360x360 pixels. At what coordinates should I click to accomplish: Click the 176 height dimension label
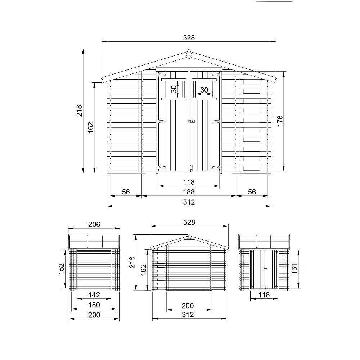(280, 121)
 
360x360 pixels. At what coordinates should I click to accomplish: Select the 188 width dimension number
(189, 192)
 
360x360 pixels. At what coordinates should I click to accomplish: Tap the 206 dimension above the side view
(94, 224)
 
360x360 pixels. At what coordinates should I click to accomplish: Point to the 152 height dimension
(62, 268)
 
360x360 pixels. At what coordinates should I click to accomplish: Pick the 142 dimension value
(94, 295)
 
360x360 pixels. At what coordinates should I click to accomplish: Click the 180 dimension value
(94, 305)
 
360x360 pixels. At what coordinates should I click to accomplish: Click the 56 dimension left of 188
(126, 192)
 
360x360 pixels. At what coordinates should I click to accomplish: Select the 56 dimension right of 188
(252, 192)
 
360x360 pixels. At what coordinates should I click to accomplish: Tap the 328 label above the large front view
(189, 37)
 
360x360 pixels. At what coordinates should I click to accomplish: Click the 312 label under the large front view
(189, 202)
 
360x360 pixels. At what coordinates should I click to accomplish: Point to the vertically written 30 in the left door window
(174, 89)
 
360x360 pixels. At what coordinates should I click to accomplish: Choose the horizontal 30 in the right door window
(204, 90)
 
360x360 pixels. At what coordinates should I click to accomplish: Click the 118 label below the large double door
(189, 182)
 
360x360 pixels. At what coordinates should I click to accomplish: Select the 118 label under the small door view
(264, 295)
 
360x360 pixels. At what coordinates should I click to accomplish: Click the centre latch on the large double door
(190, 122)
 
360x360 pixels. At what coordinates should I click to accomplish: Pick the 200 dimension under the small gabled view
(188, 306)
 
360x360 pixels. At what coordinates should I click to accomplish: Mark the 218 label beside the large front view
(80, 111)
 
